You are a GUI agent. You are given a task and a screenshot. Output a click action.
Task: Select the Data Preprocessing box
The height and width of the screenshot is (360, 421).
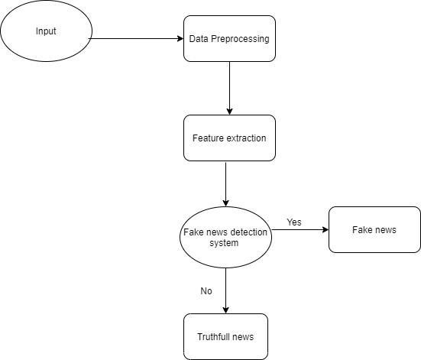[229, 39]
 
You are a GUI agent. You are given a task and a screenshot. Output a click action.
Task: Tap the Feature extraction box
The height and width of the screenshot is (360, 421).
[229, 138]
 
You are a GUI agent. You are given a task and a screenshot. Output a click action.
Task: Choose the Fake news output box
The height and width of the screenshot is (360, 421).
[374, 230]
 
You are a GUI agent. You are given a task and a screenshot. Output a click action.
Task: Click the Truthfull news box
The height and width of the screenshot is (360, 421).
[225, 336]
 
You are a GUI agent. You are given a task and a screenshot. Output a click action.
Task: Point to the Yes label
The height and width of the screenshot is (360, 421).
[294, 222]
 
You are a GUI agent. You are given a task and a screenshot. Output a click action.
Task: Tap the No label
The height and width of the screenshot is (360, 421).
[206, 291]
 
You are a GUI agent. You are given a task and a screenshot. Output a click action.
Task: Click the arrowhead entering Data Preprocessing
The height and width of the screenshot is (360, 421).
[180, 39]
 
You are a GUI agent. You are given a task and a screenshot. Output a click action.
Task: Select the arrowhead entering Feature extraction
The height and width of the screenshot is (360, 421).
[229, 112]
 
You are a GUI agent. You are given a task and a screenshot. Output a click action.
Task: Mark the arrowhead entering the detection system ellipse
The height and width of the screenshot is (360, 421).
[226, 203]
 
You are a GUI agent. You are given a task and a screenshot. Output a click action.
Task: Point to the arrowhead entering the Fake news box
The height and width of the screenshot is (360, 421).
[325, 230]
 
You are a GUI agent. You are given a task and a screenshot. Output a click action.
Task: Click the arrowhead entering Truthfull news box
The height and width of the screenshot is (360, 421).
[226, 310]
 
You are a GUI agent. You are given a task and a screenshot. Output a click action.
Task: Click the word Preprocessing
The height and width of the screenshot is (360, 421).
[240, 39]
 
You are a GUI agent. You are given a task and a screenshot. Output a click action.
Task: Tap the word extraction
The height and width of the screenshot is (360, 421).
[247, 138]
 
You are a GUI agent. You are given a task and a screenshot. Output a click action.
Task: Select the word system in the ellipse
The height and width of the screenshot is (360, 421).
[224, 243]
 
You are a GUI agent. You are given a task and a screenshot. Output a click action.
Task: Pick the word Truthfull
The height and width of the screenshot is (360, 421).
[212, 336]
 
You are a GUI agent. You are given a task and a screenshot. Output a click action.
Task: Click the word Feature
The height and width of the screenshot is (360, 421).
[209, 138]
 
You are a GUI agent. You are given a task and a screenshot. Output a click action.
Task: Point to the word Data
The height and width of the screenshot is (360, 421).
[199, 39]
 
